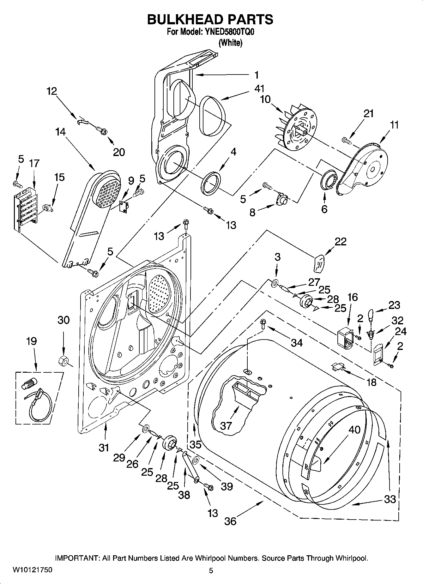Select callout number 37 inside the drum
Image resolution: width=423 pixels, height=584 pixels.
coord(226,425)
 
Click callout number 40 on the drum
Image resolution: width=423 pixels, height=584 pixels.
coord(354,429)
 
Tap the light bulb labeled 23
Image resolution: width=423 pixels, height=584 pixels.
coord(371,315)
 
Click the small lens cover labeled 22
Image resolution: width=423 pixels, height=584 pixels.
coord(319,263)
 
